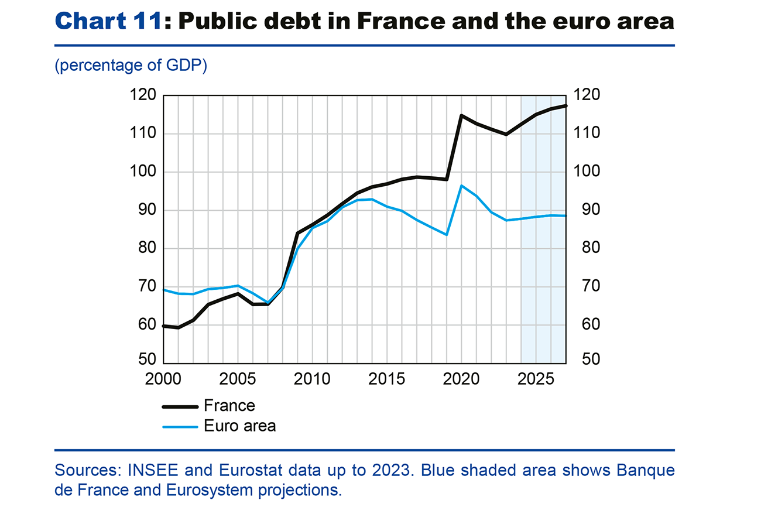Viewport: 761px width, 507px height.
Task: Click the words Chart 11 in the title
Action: (107, 21)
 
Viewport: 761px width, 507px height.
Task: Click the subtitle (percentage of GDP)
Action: (131, 66)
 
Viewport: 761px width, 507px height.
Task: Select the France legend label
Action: (229, 405)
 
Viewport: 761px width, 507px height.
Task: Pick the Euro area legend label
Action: (240, 426)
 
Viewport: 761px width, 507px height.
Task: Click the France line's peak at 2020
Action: (461, 115)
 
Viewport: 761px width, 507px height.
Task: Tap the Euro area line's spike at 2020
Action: (461, 186)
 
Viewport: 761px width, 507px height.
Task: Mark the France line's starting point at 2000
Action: (164, 326)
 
